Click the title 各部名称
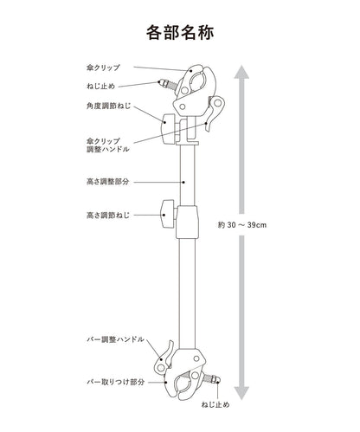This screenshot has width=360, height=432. click(180, 32)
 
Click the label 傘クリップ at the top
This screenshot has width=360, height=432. click(103, 68)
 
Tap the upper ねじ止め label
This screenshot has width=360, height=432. click(100, 86)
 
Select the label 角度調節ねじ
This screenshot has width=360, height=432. click(108, 106)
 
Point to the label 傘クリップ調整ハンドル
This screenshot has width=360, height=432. click(107, 145)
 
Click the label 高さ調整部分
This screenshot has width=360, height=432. click(107, 182)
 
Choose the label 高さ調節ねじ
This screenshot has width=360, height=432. click(108, 216)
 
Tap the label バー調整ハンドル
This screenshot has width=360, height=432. click(115, 339)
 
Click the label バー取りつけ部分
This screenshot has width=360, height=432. click(115, 383)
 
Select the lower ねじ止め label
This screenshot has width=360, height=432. click(215, 404)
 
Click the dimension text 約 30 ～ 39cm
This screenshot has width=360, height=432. click(242, 225)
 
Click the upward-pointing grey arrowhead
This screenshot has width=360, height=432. click(241, 72)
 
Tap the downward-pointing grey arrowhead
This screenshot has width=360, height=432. click(241, 393)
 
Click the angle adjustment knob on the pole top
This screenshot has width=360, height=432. click(168, 129)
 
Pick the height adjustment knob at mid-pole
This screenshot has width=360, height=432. click(169, 215)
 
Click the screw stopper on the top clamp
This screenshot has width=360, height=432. click(166, 85)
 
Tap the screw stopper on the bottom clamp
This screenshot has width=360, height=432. click(212, 378)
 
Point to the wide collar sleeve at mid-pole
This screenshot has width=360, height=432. click(187, 222)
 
